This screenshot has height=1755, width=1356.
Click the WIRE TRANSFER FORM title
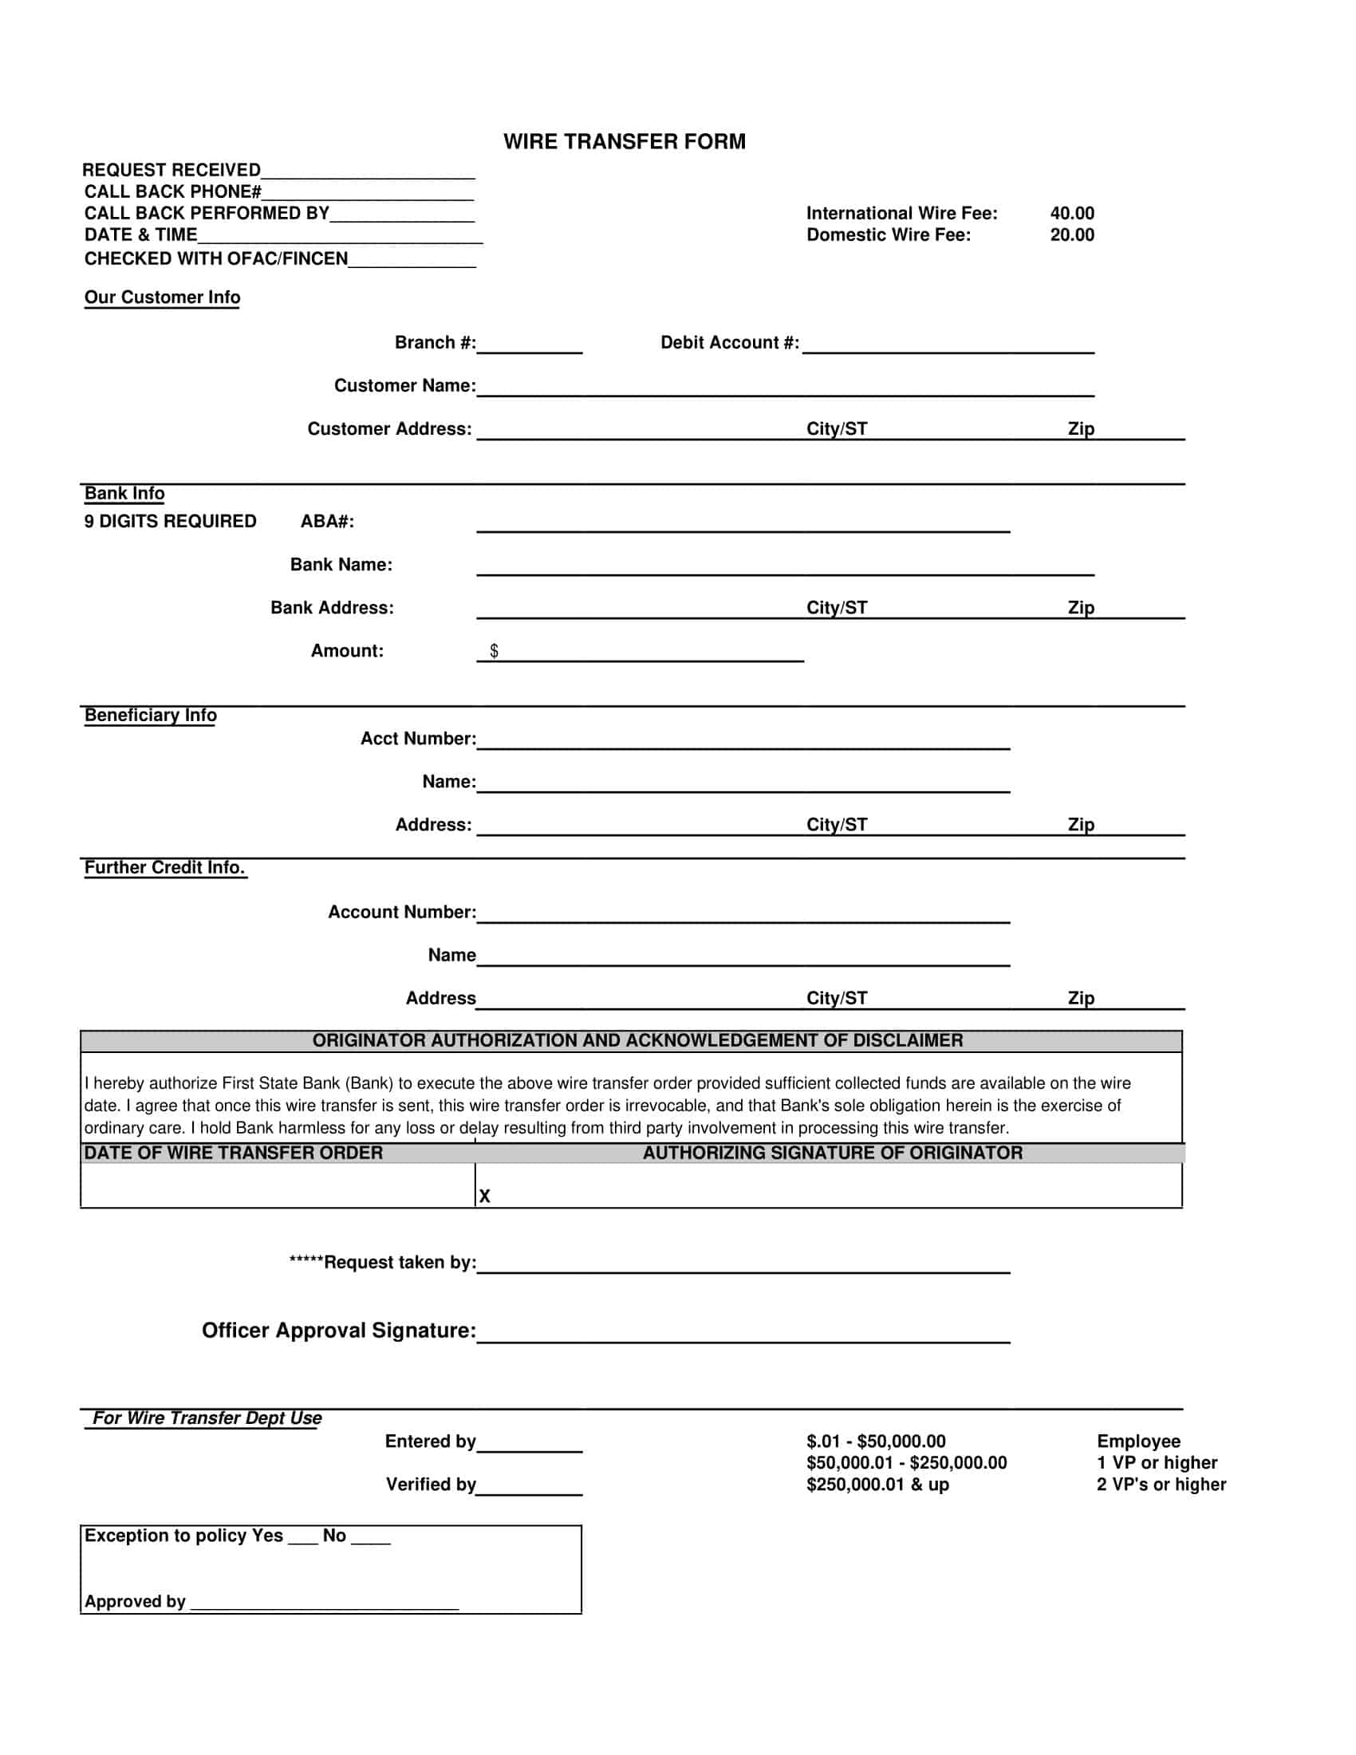(x=625, y=141)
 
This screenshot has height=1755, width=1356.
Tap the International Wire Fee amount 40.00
(x=1071, y=213)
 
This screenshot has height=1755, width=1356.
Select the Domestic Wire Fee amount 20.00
(x=1071, y=235)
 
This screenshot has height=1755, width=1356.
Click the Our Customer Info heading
(x=162, y=298)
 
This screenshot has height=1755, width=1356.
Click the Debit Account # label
(x=729, y=342)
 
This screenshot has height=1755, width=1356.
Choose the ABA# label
(x=327, y=522)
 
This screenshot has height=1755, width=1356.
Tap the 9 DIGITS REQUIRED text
(x=171, y=522)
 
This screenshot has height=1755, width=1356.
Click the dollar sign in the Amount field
(x=494, y=651)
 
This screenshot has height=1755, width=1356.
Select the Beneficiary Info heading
(x=150, y=716)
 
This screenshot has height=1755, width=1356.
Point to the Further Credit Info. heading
(x=164, y=868)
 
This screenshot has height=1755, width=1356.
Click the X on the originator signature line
(x=484, y=1197)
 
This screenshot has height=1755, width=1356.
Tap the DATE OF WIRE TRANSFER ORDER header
(x=233, y=1154)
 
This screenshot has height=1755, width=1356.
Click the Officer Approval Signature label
(x=338, y=1331)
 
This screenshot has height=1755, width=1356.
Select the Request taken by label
(x=383, y=1263)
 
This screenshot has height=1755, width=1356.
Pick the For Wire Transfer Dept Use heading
(x=207, y=1418)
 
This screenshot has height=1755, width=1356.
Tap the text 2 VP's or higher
(x=1161, y=1485)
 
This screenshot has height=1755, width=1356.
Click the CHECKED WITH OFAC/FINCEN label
(x=216, y=258)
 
